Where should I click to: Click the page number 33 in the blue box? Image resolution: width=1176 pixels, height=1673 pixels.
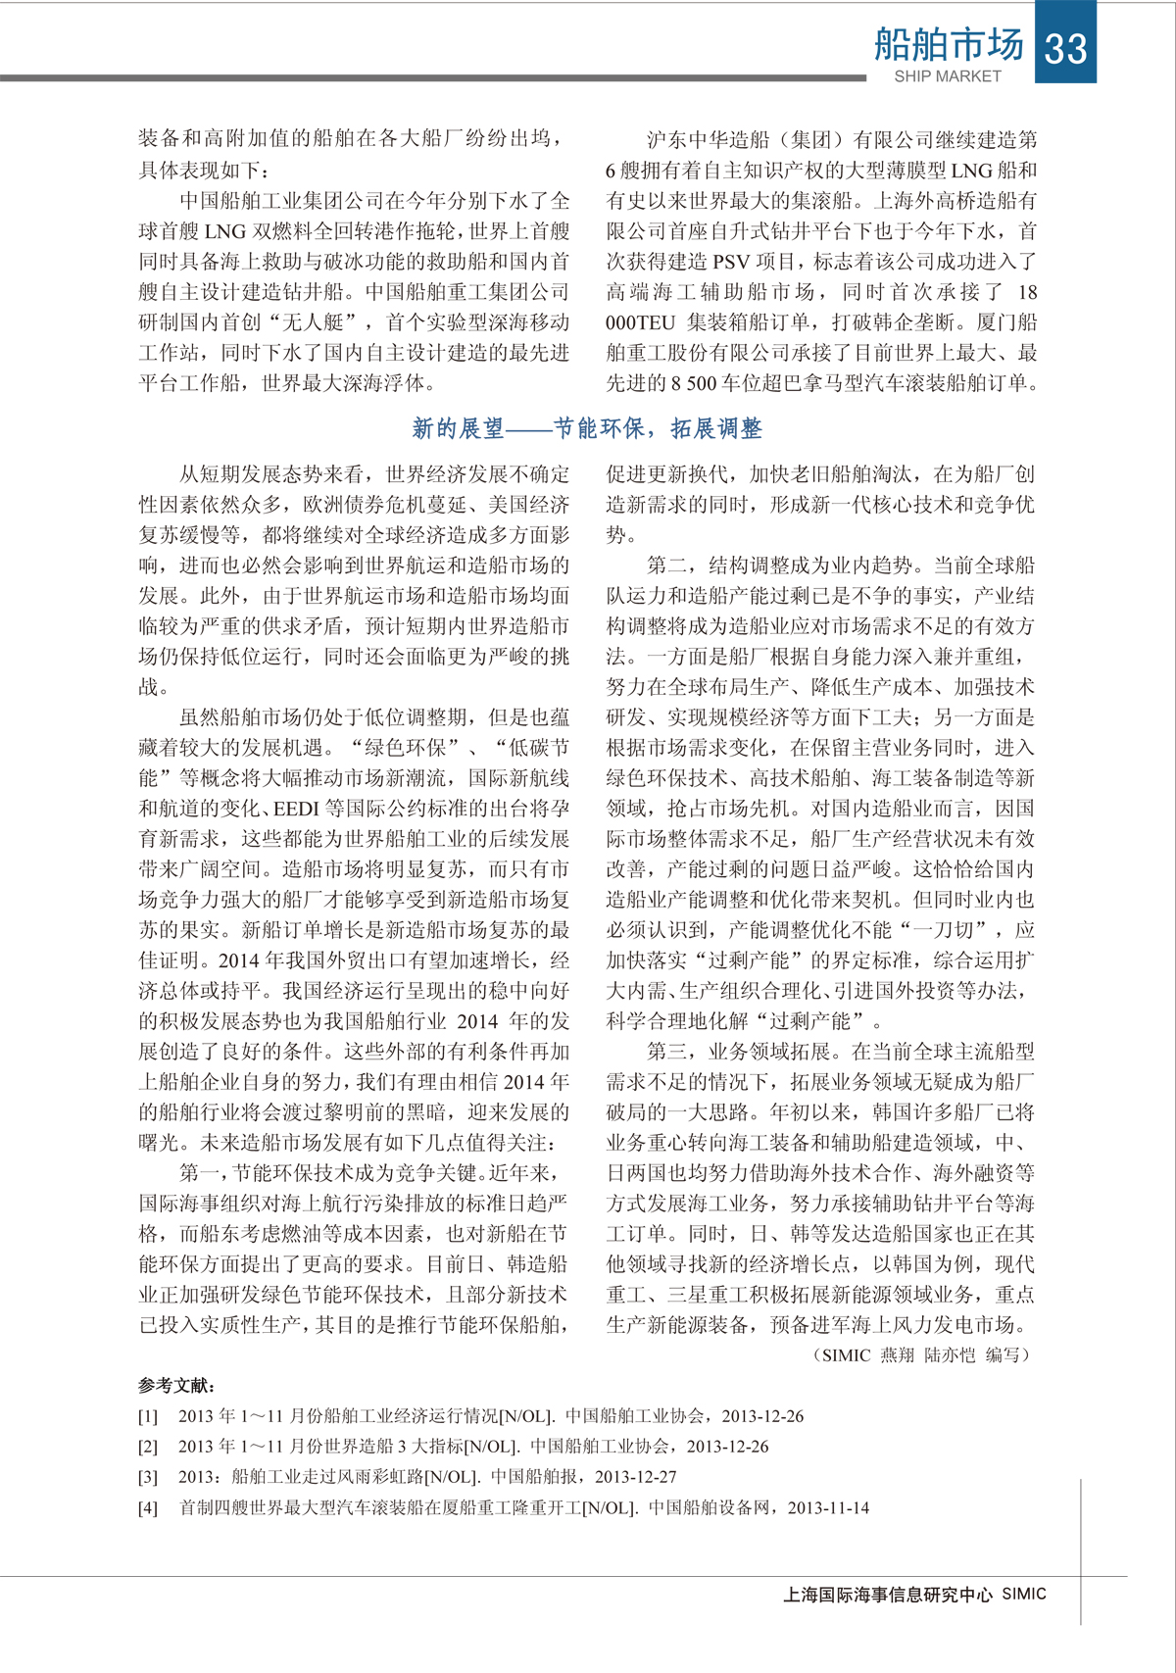coord(1065,47)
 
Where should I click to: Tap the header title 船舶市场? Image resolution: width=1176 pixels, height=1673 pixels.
coord(948,44)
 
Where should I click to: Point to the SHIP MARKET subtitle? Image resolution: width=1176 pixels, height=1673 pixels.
coord(947,76)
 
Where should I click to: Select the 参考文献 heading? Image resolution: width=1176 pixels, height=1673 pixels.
coord(176,1385)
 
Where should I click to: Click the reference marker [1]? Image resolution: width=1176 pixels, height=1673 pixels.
coord(147,1416)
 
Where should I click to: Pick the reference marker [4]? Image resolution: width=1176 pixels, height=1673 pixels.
coord(147,1508)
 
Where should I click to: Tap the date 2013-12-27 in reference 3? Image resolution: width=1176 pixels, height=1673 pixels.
coord(635,1477)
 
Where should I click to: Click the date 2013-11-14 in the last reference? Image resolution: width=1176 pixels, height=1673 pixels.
coord(828,1508)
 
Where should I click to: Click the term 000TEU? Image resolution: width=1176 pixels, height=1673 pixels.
coord(640,322)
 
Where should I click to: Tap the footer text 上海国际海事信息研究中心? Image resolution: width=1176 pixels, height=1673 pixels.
coord(888,1595)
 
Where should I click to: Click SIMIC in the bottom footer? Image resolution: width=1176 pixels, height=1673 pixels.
coord(1023,1594)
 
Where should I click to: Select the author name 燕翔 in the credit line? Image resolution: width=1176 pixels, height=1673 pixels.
coord(898,1355)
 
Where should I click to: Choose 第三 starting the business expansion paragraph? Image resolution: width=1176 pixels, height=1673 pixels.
coord(666,1052)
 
